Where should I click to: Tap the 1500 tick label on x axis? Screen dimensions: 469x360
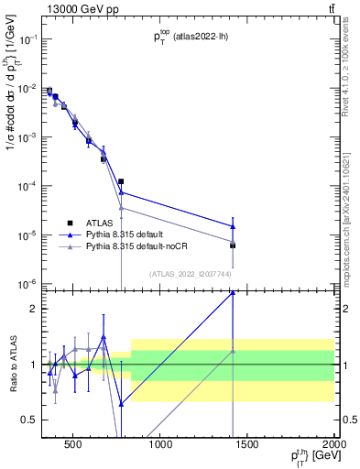point(247,444)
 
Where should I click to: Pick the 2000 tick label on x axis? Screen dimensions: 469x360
point(332,444)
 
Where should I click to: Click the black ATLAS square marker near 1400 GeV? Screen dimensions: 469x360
point(233,245)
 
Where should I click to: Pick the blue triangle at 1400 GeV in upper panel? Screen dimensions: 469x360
point(233,226)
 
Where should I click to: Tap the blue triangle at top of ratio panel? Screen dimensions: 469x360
point(233,292)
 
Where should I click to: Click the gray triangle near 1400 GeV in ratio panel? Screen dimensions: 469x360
point(233,351)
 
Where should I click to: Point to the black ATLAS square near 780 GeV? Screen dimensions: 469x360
point(121,181)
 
